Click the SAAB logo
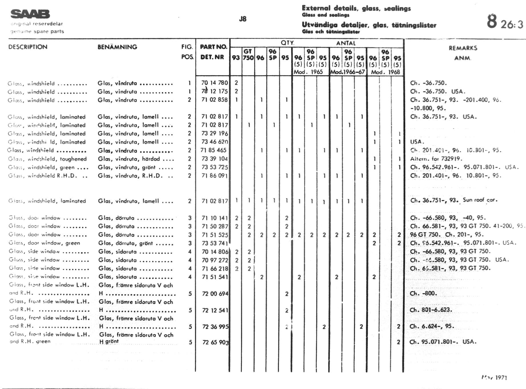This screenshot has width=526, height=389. (30, 14)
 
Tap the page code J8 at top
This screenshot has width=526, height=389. (242, 19)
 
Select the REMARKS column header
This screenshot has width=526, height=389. (463, 48)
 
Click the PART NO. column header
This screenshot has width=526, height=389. (213, 47)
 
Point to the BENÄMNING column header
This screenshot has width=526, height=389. (117, 47)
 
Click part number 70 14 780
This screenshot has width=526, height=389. (214, 83)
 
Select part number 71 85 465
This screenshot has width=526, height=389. (213, 150)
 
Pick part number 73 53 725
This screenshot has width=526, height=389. (214, 167)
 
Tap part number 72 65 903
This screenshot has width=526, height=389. (215, 342)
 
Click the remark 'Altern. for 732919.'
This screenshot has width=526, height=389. (436, 159)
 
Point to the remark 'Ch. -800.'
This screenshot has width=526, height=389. (423, 293)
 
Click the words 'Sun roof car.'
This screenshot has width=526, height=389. (480, 200)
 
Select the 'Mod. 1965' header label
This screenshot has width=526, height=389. (308, 72)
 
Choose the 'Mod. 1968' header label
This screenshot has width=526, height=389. (385, 72)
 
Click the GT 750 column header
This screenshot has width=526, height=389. (248, 55)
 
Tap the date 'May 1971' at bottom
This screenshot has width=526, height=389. (494, 378)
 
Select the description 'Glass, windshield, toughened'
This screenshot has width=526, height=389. (47, 159)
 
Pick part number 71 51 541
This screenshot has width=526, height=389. (215, 277)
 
